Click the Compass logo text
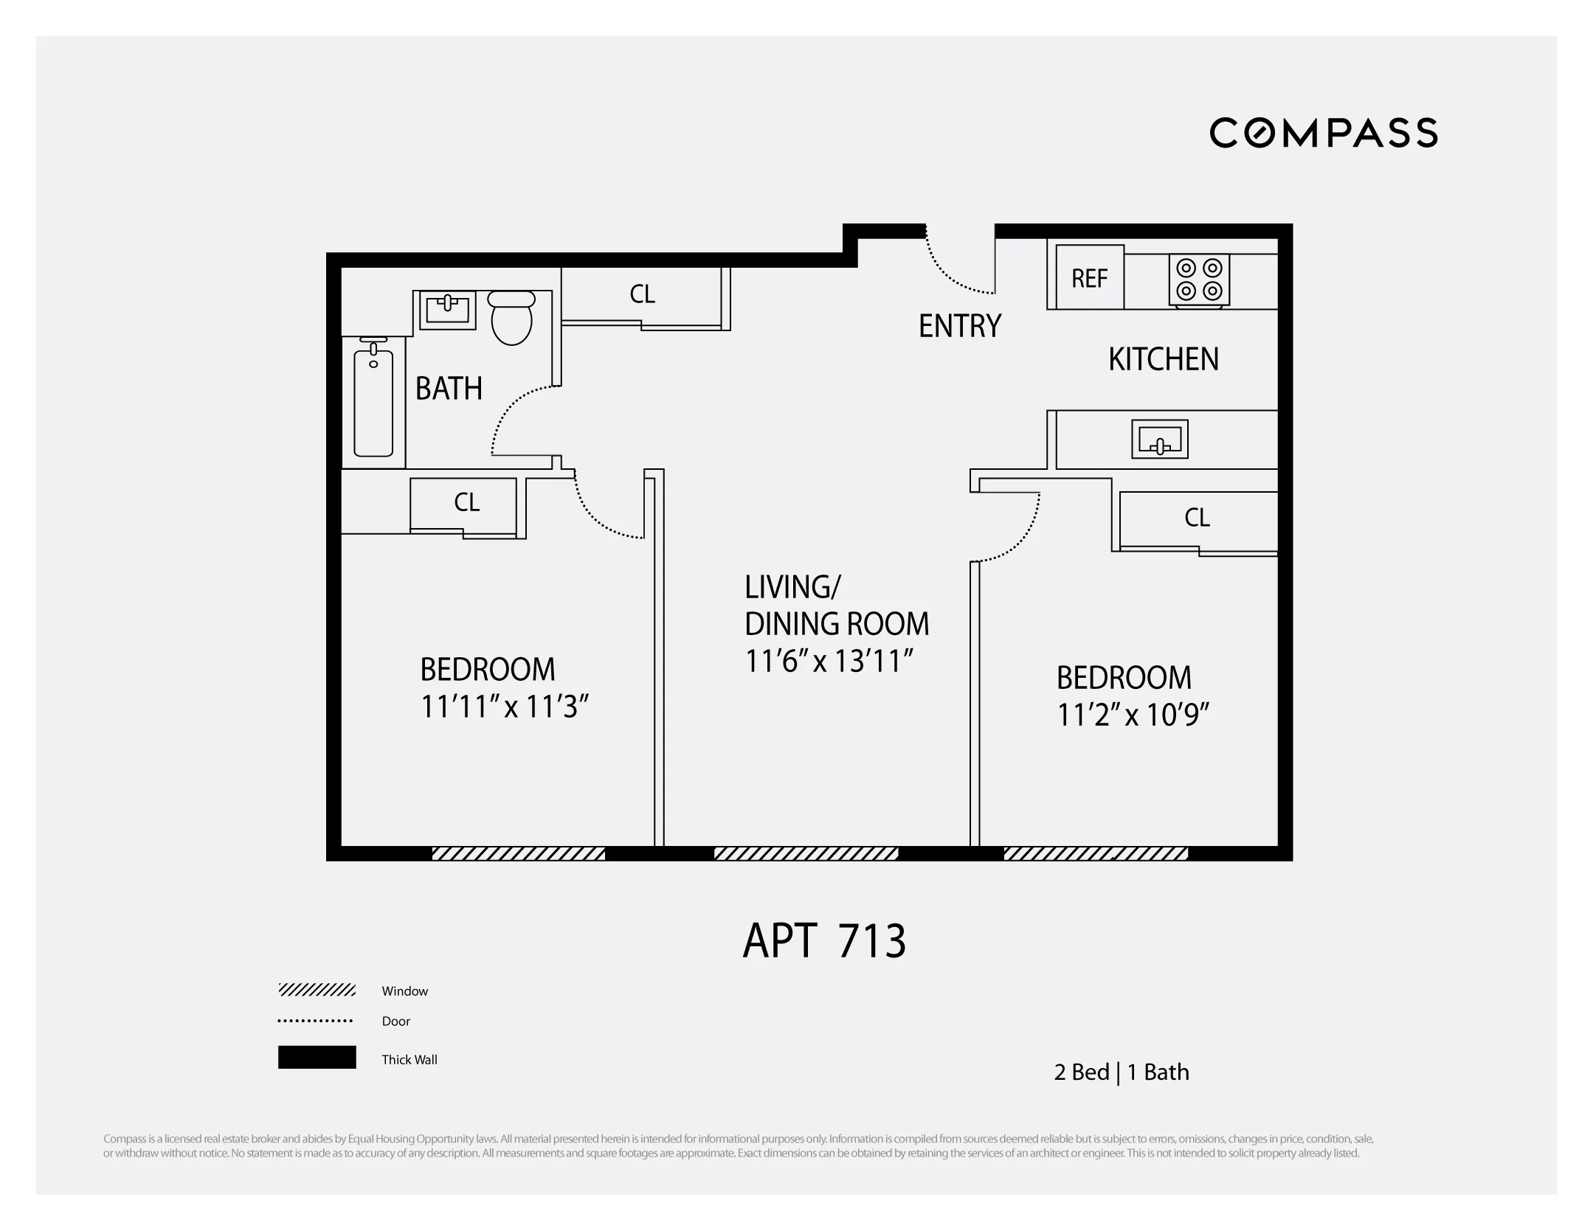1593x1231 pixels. (1323, 133)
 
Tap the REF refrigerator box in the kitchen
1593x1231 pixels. (1089, 278)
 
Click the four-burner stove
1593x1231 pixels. (1199, 280)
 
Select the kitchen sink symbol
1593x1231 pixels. (1159, 440)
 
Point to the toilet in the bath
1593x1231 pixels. (511, 319)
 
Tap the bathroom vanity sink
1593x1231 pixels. (447, 310)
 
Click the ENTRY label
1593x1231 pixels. (959, 326)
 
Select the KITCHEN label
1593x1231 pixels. (1163, 359)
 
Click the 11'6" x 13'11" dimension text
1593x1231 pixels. (829, 661)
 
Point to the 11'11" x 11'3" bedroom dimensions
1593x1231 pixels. (504, 707)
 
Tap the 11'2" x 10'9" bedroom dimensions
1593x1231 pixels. (1133, 715)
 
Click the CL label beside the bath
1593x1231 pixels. (641, 294)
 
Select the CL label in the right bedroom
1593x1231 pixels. (1196, 518)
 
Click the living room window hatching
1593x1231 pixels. (806, 853)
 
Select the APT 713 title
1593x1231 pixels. (823, 941)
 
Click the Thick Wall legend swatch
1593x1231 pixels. (317, 1057)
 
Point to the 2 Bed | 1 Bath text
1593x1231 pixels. (1121, 1072)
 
